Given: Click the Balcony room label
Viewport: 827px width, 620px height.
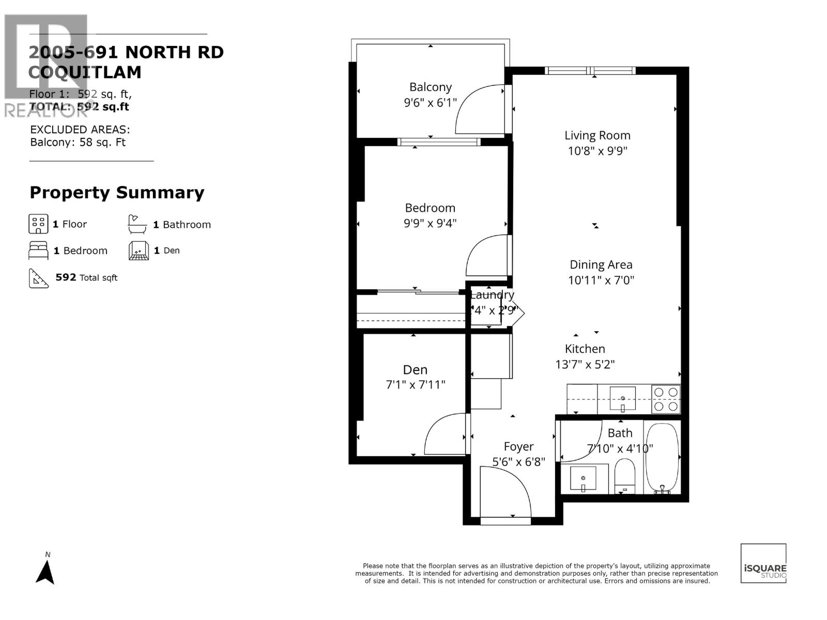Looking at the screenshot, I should click(430, 87).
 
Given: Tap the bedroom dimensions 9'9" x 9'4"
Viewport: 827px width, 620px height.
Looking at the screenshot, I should click(430, 223).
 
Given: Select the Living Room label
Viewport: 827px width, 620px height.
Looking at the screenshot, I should click(597, 135).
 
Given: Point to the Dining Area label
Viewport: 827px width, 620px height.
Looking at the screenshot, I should click(601, 265).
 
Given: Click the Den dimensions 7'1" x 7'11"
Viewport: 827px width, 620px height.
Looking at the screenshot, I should click(415, 385).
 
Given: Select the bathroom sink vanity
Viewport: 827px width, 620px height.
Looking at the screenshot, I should click(583, 478).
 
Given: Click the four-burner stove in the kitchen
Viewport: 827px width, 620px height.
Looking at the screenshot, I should click(666, 399).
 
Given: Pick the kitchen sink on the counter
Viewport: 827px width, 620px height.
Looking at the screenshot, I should click(623, 399).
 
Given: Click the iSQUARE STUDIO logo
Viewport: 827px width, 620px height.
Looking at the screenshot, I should click(763, 564).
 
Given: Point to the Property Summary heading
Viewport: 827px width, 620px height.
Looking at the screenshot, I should click(117, 192).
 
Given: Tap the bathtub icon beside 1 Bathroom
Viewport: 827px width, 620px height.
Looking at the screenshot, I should click(137, 224).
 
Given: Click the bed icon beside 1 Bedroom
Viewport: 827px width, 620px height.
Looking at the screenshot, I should click(38, 251).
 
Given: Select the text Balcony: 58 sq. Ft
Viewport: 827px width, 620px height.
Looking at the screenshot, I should click(78, 143).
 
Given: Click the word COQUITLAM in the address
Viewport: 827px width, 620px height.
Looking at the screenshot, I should click(85, 72).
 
